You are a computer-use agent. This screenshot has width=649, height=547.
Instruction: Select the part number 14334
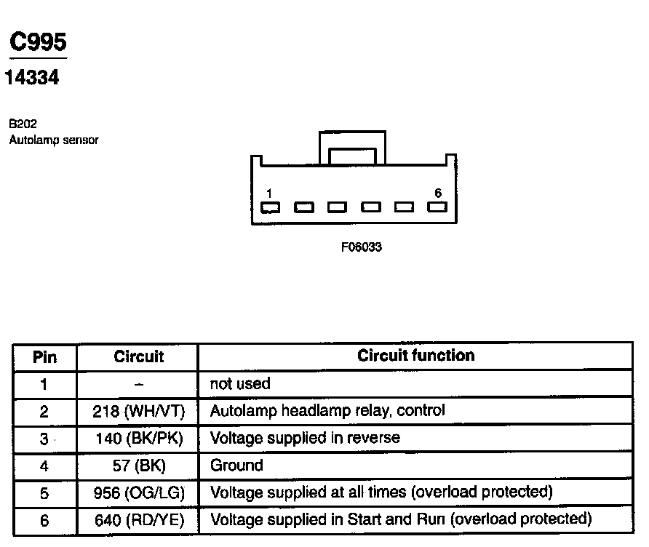click(x=32, y=78)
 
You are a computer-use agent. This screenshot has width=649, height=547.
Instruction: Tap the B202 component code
click(x=23, y=124)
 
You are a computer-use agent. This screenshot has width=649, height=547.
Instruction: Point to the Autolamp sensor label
click(x=53, y=140)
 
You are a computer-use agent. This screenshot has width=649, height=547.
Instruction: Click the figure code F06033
click(x=362, y=247)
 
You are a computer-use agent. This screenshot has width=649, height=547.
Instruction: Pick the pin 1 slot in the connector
click(x=269, y=207)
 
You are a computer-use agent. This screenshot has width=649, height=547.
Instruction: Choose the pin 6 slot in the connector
click(x=437, y=207)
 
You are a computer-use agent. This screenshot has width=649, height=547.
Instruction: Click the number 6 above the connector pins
click(x=438, y=193)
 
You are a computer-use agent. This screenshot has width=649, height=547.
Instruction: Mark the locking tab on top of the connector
click(x=353, y=149)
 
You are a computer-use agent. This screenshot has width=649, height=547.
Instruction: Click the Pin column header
click(x=44, y=357)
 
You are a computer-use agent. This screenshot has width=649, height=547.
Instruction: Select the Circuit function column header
click(x=415, y=356)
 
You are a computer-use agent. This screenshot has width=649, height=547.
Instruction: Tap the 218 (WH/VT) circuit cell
click(x=138, y=411)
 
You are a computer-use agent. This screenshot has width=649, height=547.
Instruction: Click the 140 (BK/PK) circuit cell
click(x=138, y=439)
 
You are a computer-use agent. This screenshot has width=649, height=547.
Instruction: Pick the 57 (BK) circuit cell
click(x=138, y=466)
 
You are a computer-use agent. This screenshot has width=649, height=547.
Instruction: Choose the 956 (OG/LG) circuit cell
click(x=138, y=492)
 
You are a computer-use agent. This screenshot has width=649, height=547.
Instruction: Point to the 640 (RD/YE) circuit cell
click(x=138, y=520)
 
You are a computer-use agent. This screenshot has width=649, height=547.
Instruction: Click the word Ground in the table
click(x=236, y=466)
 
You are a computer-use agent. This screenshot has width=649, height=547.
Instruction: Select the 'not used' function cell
click(x=240, y=383)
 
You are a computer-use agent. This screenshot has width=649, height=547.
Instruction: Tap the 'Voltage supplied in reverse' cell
click(x=305, y=439)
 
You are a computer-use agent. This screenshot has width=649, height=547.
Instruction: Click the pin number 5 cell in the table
click(x=44, y=492)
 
